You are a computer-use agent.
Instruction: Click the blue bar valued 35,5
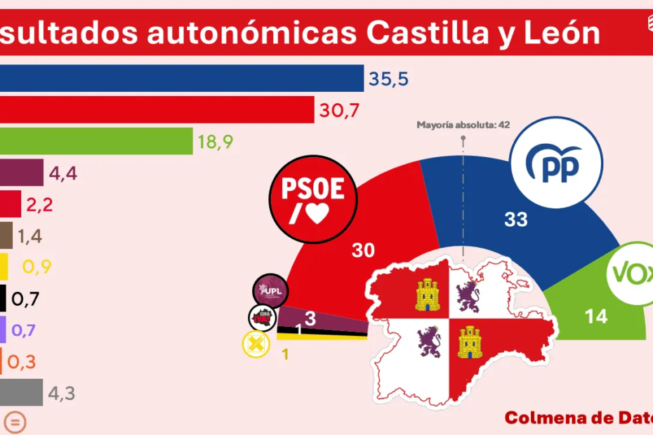[182, 79]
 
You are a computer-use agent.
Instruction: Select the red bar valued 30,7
[157, 110]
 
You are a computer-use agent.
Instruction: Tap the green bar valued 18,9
[96, 141]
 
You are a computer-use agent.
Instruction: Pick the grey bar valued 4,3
[21, 394]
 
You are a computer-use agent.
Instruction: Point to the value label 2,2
[39, 205]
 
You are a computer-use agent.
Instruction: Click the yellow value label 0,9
[37, 267]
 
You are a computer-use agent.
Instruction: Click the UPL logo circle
[272, 290]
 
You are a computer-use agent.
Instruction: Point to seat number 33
[516, 220]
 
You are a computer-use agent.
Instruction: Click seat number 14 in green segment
[595, 317]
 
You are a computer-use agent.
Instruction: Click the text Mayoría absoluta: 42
[463, 125]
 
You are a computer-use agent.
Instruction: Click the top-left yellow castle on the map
[428, 295]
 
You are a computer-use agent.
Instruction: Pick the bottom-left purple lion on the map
[427, 343]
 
